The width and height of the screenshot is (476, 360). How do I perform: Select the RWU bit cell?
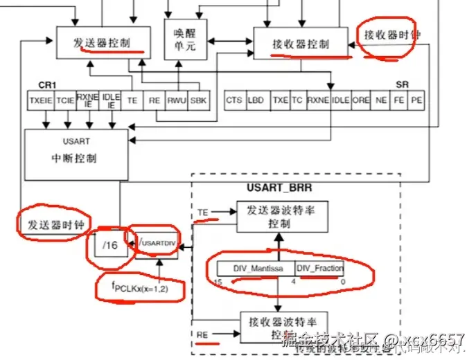coord(177,100)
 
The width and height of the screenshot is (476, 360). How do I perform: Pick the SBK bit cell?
coord(198,100)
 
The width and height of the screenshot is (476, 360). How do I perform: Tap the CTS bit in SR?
coord(234,100)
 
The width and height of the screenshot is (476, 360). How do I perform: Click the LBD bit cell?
coord(256,100)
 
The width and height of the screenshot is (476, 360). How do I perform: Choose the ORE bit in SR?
coord(361,100)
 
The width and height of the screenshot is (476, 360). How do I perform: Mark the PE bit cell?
coord(416,100)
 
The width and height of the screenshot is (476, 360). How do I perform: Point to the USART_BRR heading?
coord(279,186)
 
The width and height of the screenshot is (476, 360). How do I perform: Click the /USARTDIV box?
coord(156,243)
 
